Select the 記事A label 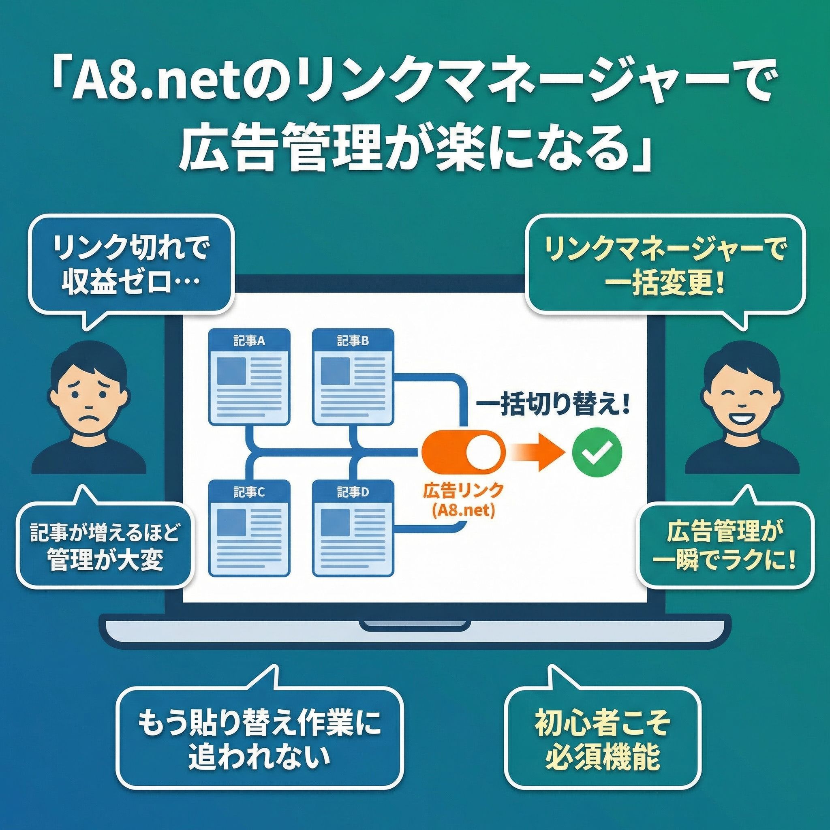[249, 341]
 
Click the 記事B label [353, 341]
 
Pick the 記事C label [249, 492]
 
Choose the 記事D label [353, 492]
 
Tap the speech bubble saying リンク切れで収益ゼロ [131, 266]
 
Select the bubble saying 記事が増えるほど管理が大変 [103, 547]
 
